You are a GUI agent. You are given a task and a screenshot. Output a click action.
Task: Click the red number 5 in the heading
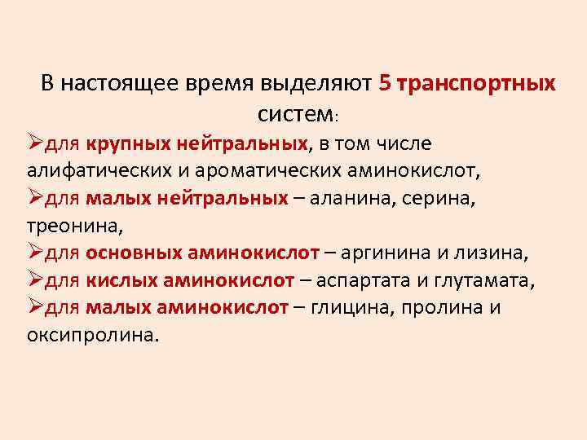coord(386,84)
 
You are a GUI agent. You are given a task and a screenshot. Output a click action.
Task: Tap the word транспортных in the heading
coord(476,84)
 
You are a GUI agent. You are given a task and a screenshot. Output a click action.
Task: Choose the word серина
coord(474,199)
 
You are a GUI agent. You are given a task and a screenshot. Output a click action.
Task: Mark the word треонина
coord(73,226)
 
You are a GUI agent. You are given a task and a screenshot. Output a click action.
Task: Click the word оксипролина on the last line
coord(90,336)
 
